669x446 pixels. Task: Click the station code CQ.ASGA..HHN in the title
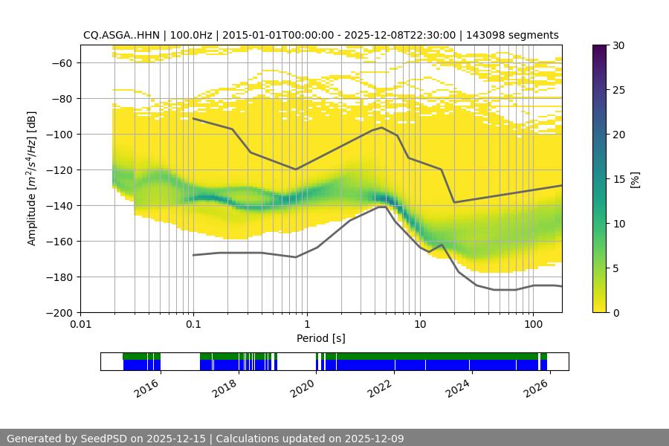(x=116, y=35)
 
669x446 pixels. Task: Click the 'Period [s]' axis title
(x=321, y=338)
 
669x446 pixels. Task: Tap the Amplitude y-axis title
(x=32, y=178)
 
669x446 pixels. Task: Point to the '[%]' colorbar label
(x=635, y=179)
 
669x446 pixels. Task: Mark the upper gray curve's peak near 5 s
(x=382, y=127)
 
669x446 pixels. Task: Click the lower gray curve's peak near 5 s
(x=381, y=207)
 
